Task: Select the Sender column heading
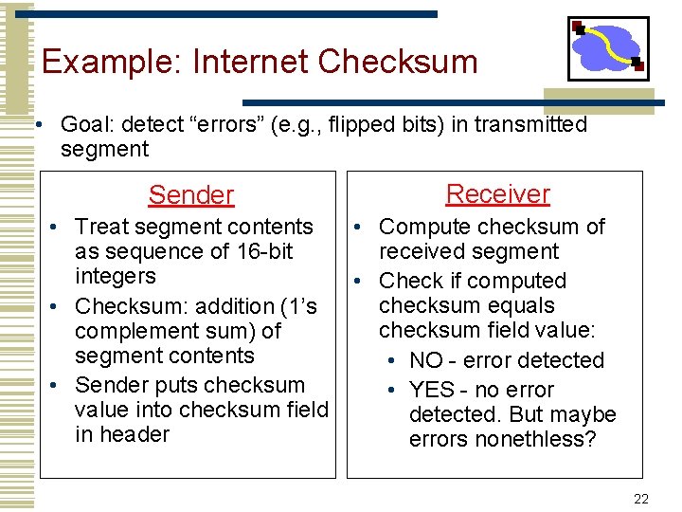(x=190, y=195)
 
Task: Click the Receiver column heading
(x=497, y=194)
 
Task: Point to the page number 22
(x=641, y=500)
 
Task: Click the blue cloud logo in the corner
(x=608, y=48)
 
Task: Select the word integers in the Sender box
(x=115, y=276)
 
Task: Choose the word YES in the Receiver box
(x=431, y=390)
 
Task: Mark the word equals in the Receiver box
(x=515, y=305)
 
